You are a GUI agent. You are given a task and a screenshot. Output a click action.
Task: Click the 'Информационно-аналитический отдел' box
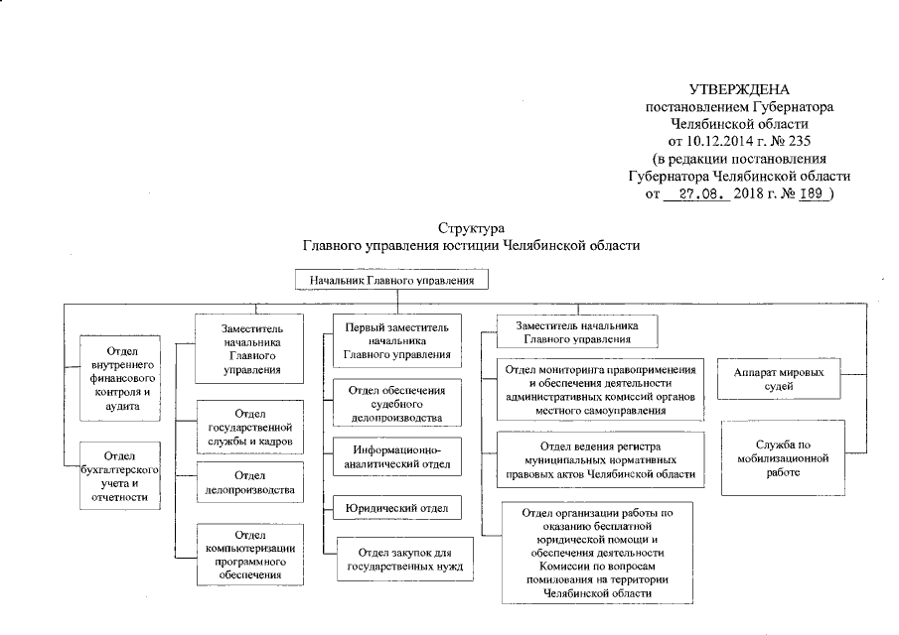(396, 455)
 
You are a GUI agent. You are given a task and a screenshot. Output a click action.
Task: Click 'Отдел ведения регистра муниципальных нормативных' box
(603, 460)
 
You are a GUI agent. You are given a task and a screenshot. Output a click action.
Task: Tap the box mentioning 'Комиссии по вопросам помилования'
(596, 553)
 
